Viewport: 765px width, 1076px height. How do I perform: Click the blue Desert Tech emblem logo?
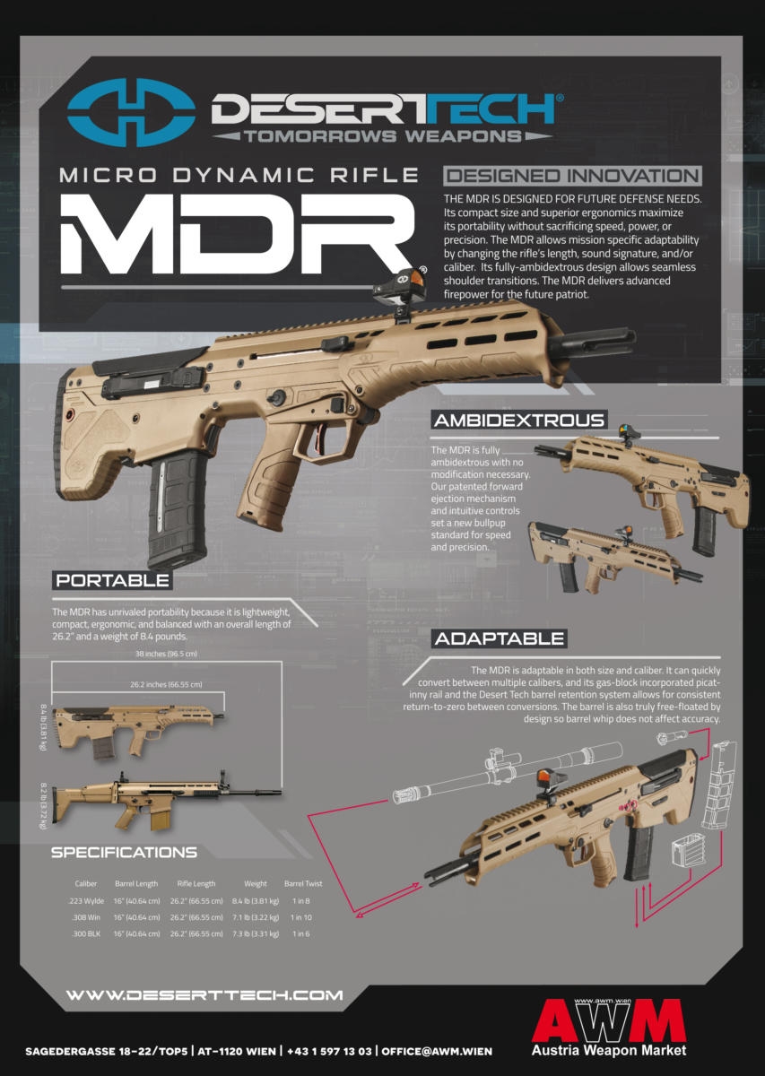point(131,112)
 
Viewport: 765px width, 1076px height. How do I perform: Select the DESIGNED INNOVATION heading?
point(572,176)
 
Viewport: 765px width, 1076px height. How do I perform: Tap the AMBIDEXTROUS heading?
point(519,421)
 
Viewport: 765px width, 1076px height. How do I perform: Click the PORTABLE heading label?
point(112,580)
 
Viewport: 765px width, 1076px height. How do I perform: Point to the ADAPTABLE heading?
point(500,638)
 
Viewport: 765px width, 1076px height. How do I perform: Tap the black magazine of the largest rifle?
point(178,507)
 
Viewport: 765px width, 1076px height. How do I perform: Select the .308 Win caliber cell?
point(86,917)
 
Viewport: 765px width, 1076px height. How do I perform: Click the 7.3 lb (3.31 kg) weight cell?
point(256,933)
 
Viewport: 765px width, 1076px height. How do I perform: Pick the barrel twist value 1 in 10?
point(301,917)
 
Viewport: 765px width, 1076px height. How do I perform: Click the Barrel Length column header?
point(136,883)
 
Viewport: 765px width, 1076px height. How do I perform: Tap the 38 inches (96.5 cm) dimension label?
point(166,654)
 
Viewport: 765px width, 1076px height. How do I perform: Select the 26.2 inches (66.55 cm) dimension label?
point(166,684)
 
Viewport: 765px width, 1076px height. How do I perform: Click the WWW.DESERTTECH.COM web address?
point(204,994)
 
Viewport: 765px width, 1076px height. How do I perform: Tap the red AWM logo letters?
point(609,1020)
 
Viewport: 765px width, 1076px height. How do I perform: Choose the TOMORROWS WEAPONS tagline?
point(383,136)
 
